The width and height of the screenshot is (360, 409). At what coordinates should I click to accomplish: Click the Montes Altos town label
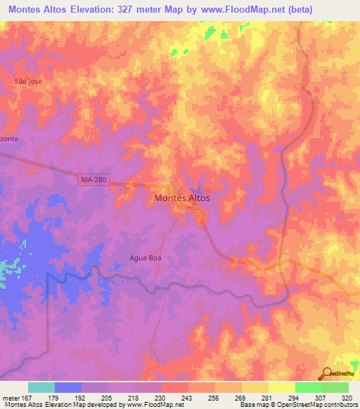tap(181, 198)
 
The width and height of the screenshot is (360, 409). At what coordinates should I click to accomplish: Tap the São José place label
tap(29, 82)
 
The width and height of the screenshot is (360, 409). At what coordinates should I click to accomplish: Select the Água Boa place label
tap(126, 257)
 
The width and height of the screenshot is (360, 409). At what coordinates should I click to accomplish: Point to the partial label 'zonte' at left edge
tap(9, 139)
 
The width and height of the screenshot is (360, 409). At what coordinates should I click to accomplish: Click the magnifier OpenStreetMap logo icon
tap(327, 372)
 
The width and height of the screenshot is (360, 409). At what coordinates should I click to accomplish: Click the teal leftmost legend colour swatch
tap(41, 387)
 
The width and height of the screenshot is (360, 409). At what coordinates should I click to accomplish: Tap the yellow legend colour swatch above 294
tap(281, 387)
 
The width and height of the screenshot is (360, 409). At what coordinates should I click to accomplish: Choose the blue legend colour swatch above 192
tap(68, 387)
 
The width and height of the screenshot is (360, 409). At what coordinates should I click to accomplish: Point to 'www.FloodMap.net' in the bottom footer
tap(151, 405)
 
